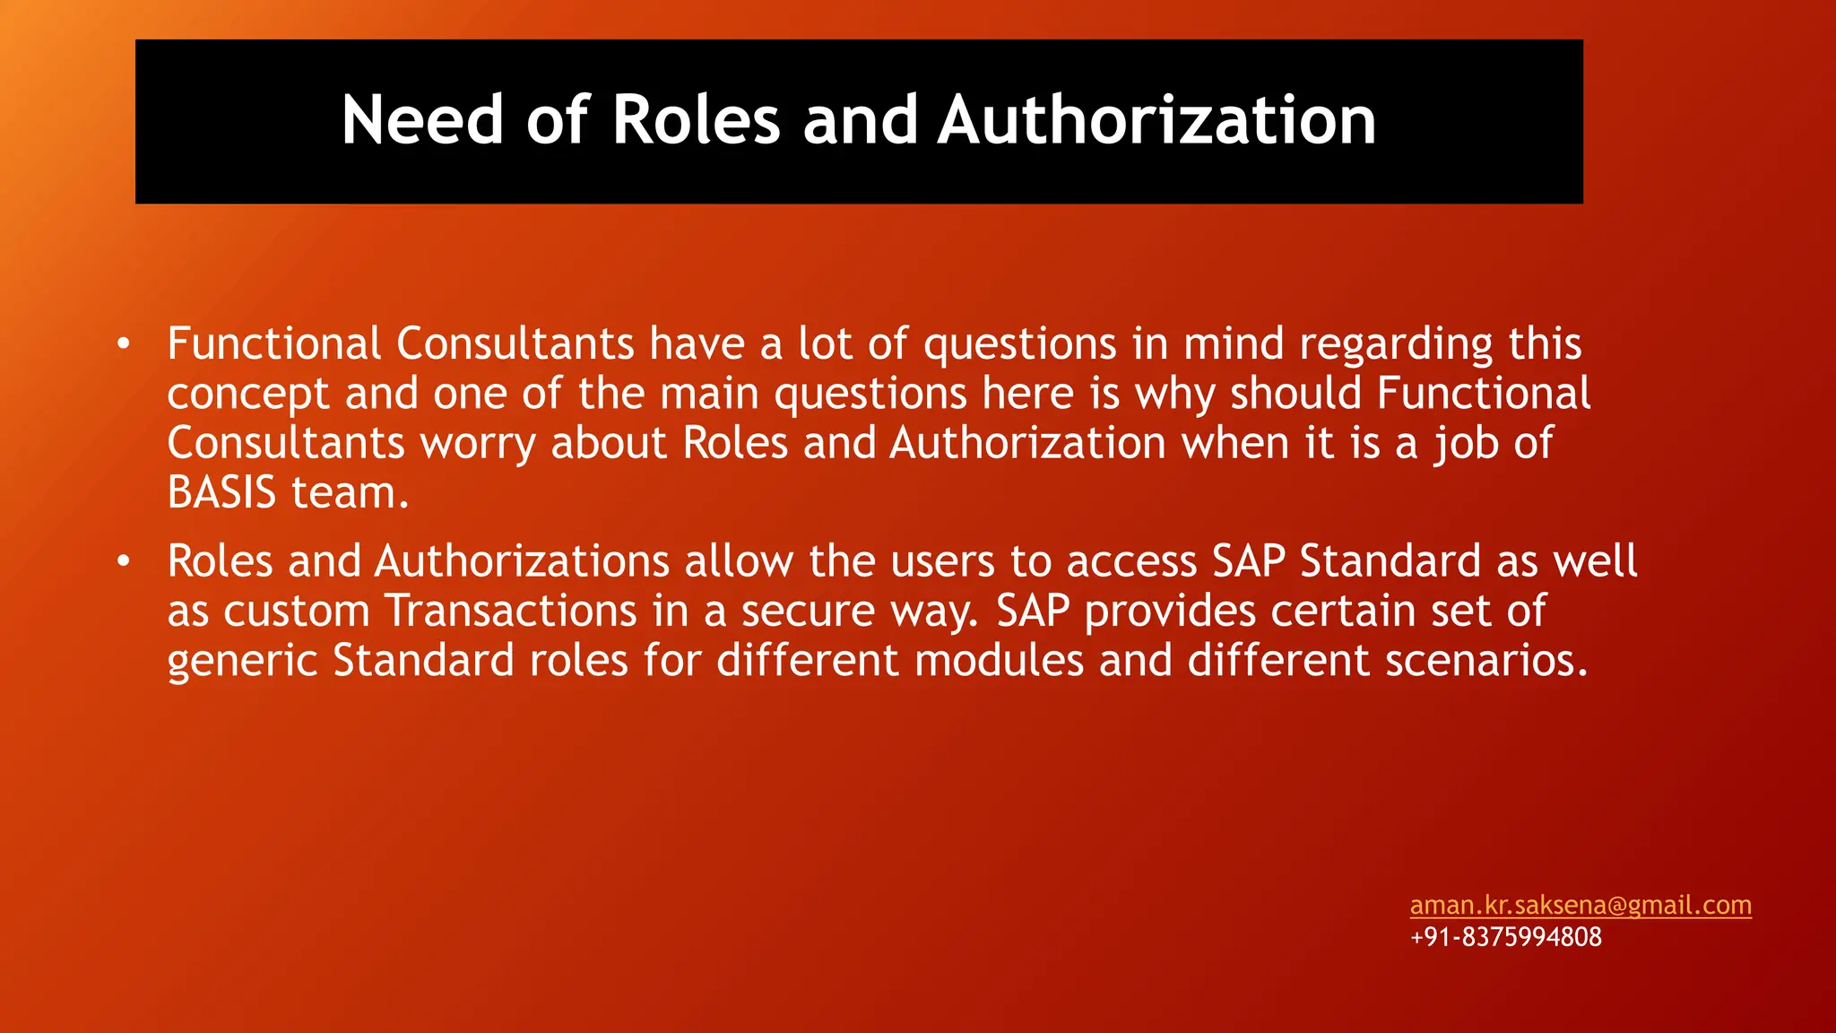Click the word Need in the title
[x=421, y=120]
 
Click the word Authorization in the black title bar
[x=1156, y=120]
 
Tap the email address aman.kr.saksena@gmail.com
[x=1581, y=905]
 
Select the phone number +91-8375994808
[x=1505, y=937]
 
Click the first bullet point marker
[x=124, y=343]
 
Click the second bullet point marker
[x=124, y=561]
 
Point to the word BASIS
[x=221, y=492]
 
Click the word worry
[x=478, y=443]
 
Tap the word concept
[x=248, y=395]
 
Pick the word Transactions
[x=511, y=611]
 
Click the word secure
[x=808, y=611]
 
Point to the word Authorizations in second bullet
[x=522, y=561]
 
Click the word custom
[x=296, y=611]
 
